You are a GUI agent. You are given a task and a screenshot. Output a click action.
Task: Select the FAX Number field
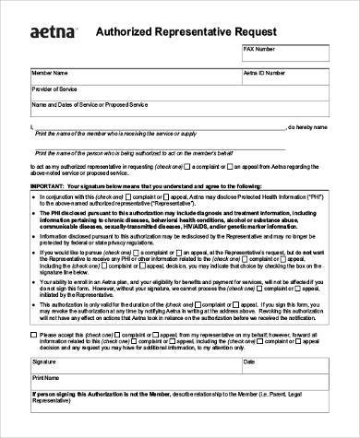[x=286, y=53]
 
